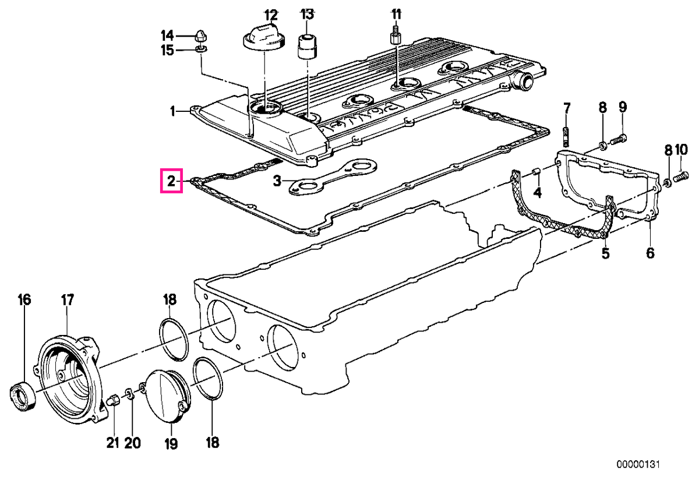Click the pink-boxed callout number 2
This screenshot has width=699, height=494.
171,181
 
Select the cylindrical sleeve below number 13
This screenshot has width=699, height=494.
307,47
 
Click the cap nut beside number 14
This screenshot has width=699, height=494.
200,37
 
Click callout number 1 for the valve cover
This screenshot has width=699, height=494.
172,111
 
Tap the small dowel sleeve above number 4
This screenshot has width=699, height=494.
535,172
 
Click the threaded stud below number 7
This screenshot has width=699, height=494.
566,137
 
